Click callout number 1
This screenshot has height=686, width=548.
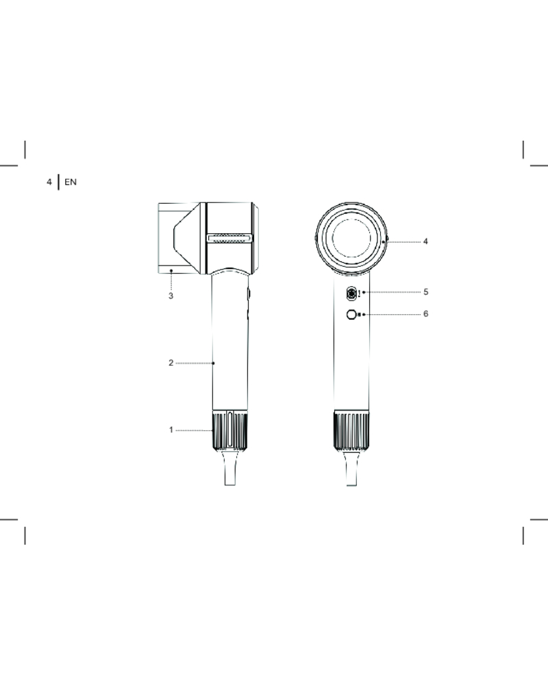coord(171,430)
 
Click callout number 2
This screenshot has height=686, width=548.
coord(171,363)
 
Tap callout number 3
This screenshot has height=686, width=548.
coord(171,296)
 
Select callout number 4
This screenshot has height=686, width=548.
coord(425,241)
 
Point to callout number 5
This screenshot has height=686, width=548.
coord(426,292)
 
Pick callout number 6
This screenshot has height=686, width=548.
coord(426,314)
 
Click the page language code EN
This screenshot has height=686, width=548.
coord(71,182)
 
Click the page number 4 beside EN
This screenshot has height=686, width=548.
coord(49,182)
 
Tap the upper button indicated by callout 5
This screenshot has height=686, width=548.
coord(351,294)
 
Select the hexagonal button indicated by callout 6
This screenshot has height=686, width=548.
coord(351,315)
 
